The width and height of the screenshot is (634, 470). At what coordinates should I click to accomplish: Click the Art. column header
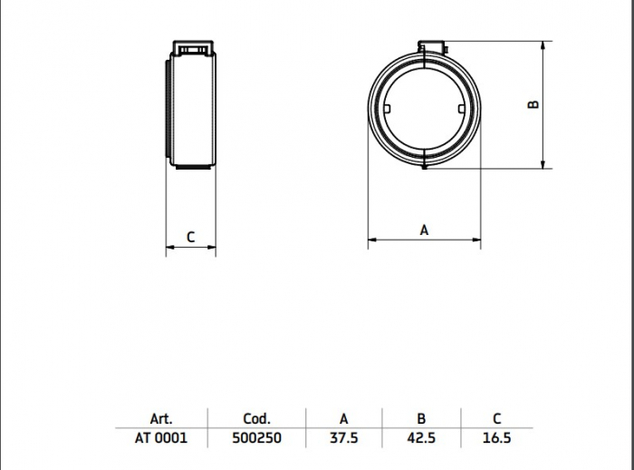tap(161, 418)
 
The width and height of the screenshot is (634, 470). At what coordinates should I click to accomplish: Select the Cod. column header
tap(256, 418)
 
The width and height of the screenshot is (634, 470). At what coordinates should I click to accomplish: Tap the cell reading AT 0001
tap(161, 438)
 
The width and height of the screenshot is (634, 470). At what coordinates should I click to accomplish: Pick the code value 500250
tap(256, 438)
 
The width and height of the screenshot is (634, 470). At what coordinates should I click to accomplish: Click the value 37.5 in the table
tap(343, 438)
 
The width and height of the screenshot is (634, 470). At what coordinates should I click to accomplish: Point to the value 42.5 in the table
tap(421, 438)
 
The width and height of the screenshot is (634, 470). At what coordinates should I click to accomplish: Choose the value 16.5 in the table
tap(497, 438)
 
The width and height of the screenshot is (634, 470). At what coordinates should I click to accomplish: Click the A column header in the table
tap(343, 418)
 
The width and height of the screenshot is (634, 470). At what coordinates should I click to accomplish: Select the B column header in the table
tap(421, 418)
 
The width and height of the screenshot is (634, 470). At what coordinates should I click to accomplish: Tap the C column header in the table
tap(497, 418)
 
